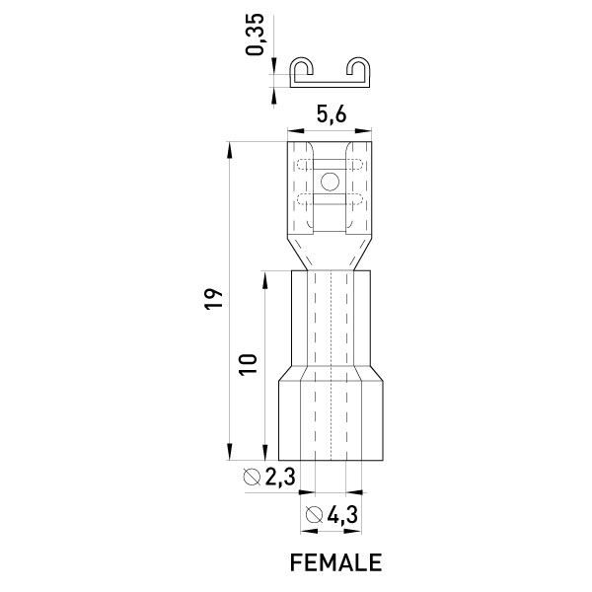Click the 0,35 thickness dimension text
pyautogui.click(x=255, y=35)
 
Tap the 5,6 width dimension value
pyautogui.click(x=332, y=114)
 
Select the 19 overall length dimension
pyautogui.click(x=214, y=299)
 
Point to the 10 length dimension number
pyautogui.click(x=248, y=364)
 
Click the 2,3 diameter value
pyautogui.click(x=280, y=477)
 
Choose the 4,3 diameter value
pyautogui.click(x=342, y=514)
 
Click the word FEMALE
pyautogui.click(x=335, y=562)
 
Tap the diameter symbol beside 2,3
pyautogui.click(x=252, y=477)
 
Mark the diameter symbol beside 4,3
pyautogui.click(x=314, y=514)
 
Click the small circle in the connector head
pyautogui.click(x=330, y=182)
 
